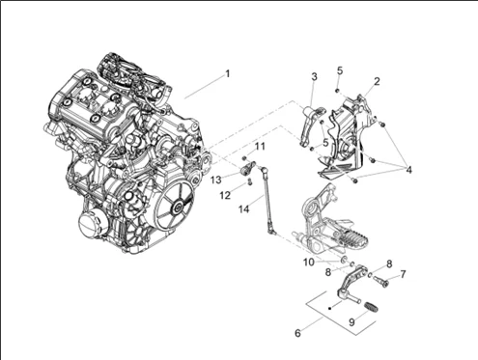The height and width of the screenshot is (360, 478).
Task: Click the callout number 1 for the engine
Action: click(x=228, y=73)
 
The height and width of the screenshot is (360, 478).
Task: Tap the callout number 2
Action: click(x=377, y=81)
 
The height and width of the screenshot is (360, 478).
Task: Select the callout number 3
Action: click(x=315, y=76)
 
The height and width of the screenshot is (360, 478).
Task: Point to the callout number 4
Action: click(x=408, y=170)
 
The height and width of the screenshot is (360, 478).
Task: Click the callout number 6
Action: click(x=297, y=332)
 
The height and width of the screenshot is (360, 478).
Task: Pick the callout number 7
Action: click(x=403, y=274)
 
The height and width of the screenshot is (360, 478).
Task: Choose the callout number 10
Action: click(x=308, y=262)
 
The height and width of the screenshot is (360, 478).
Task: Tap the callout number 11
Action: click(x=260, y=146)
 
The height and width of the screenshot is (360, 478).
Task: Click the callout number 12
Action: click(x=224, y=194)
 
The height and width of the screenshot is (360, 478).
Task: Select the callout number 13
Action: click(x=216, y=180)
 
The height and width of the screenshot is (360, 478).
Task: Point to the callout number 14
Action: click(x=244, y=208)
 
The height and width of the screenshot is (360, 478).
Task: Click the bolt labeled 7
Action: click(x=379, y=282)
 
